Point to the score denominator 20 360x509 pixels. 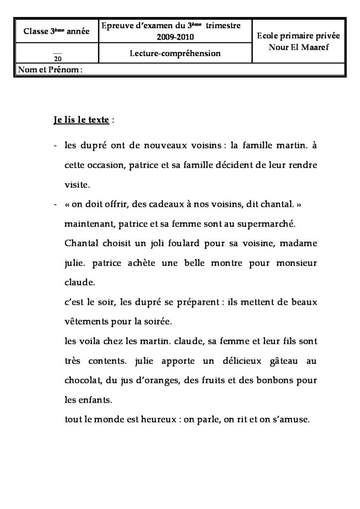point(57,58)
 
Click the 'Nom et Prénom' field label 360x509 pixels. point(50,70)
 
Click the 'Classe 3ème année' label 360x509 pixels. point(57,32)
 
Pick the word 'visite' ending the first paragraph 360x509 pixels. point(77,185)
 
